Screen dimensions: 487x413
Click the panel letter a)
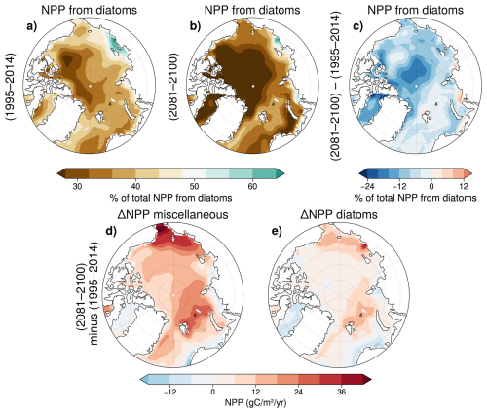32,27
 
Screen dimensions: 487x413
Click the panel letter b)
195,27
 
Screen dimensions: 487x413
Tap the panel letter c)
357,27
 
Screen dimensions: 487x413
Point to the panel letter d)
111,231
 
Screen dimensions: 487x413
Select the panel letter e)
277,231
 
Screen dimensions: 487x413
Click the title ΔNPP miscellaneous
172,214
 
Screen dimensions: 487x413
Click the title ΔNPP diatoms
339,214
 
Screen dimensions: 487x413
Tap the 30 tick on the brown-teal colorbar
77,186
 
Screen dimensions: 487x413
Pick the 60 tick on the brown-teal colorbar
252,186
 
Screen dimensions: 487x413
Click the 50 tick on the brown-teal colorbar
194,186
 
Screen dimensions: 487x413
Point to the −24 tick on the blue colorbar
367,186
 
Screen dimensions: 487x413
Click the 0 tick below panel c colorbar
431,186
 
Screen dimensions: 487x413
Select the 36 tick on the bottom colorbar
342,392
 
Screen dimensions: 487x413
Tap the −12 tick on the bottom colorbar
169,392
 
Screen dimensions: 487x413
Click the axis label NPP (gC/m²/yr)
256,403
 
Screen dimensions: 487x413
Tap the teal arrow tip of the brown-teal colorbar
281,173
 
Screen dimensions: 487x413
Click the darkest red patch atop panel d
163,230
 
